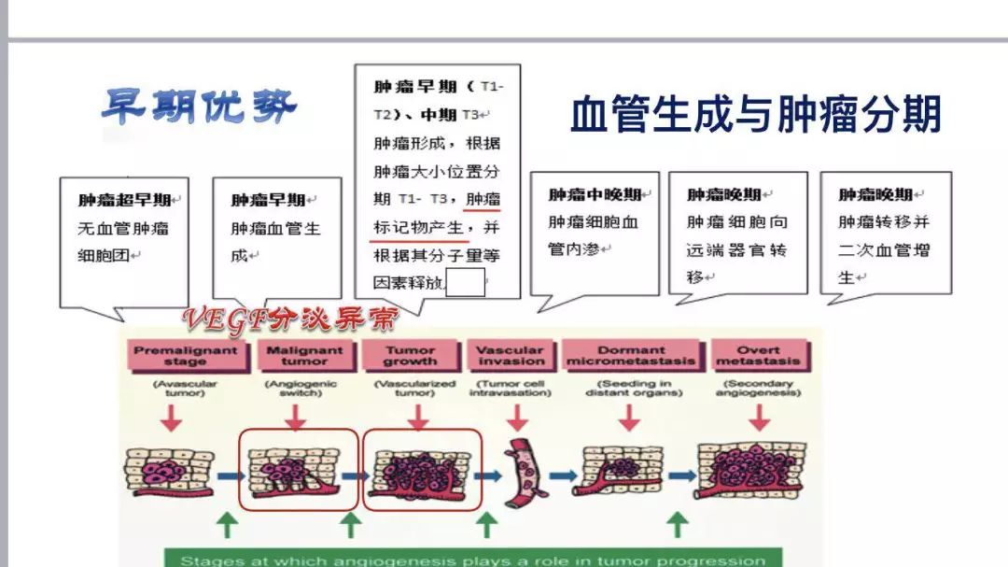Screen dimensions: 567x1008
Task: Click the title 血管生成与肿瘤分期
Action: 755,115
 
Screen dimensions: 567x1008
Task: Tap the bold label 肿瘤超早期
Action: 124,200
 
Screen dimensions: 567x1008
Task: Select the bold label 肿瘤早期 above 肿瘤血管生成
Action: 269,200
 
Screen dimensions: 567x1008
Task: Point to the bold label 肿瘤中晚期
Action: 594,194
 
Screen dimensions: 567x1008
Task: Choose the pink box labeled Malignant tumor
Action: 305,355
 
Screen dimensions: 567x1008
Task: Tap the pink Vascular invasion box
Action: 510,355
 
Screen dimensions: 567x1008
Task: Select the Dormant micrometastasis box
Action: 631,355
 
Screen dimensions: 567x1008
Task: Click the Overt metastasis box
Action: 758,355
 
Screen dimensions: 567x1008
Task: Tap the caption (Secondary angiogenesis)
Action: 758,388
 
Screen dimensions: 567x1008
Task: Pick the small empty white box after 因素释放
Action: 466,282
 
